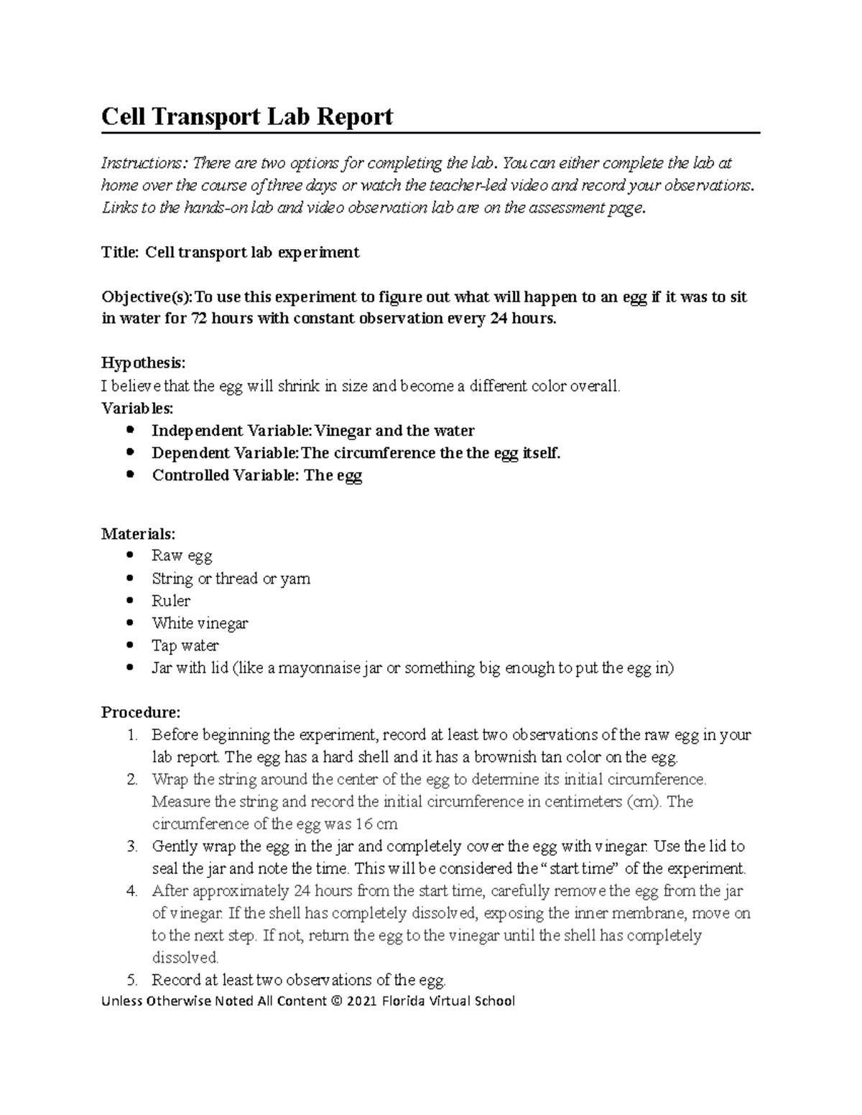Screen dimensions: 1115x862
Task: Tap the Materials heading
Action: [137, 534]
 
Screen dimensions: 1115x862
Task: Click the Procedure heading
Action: [141, 712]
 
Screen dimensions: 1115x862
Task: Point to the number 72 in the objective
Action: [198, 318]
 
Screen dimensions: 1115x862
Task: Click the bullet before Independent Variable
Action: [130, 431]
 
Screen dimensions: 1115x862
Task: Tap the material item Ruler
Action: [171, 601]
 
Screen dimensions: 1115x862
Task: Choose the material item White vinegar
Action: [200, 623]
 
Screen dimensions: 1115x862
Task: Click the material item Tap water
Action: [185, 645]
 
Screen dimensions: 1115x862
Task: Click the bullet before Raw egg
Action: [130, 556]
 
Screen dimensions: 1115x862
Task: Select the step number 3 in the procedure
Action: [131, 846]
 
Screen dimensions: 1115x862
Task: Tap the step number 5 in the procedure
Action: [131, 980]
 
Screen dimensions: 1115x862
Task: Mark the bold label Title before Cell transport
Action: [119, 252]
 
